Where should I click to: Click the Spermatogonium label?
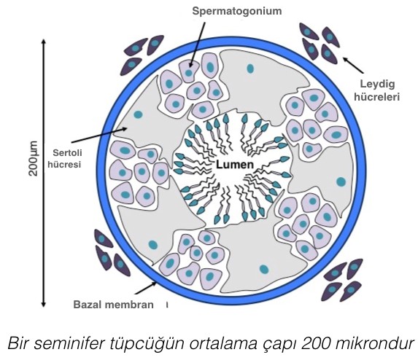pyautogui.click(x=237, y=11)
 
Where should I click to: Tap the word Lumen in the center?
pyautogui.click(x=235, y=165)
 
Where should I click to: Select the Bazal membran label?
pyautogui.click(x=113, y=305)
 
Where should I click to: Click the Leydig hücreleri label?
pyautogui.click(x=376, y=90)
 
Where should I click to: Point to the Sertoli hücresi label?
pyautogui.click(x=64, y=158)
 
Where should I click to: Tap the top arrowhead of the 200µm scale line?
pyautogui.click(x=44, y=42)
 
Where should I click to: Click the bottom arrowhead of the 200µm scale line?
pyautogui.click(x=44, y=305)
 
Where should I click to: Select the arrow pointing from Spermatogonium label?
pyautogui.click(x=197, y=44)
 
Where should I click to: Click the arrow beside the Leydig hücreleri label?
pyautogui.click(x=353, y=66)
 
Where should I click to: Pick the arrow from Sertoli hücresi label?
pyautogui.click(x=99, y=136)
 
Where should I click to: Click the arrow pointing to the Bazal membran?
pyautogui.click(x=146, y=288)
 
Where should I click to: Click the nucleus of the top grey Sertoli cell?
pyautogui.click(x=250, y=69)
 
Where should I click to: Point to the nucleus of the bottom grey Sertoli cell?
pyautogui.click(x=263, y=269)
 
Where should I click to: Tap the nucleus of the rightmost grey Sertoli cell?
pyautogui.click(x=341, y=182)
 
